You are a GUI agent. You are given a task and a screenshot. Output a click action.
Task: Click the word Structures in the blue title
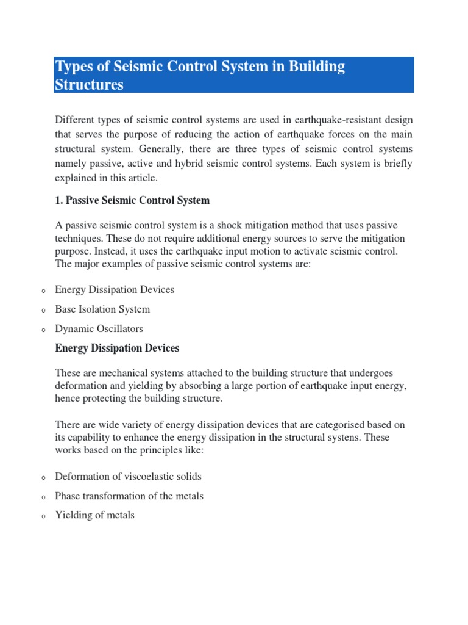pyautogui.click(x=89, y=85)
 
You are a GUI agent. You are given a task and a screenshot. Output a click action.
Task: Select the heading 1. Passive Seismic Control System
pyautogui.click(x=132, y=200)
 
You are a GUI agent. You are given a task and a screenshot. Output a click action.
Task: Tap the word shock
pyautogui.click(x=219, y=226)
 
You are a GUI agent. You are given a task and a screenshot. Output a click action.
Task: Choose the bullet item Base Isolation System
pyautogui.click(x=102, y=309)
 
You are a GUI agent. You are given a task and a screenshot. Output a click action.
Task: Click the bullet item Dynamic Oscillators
pyautogui.click(x=99, y=329)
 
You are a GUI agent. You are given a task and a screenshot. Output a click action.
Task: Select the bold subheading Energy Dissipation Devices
pyautogui.click(x=117, y=349)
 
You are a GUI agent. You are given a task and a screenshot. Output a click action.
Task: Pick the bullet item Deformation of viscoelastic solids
pyautogui.click(x=128, y=477)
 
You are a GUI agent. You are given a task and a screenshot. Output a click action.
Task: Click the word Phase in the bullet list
pyautogui.click(x=68, y=496)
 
